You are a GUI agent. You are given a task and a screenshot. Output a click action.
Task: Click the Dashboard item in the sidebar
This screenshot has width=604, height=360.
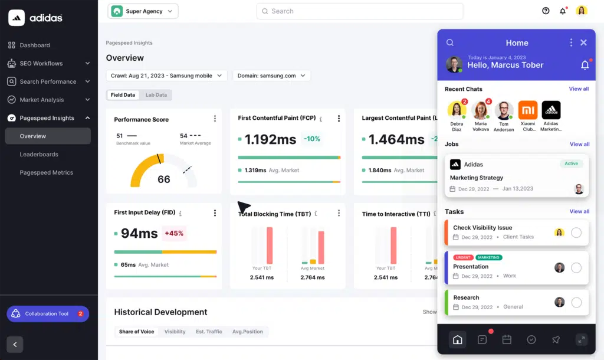click(35, 45)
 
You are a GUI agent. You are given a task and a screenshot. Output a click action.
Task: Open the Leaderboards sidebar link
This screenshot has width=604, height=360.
click(39, 155)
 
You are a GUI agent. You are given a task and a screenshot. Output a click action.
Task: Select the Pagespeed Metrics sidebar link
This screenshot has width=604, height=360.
click(47, 173)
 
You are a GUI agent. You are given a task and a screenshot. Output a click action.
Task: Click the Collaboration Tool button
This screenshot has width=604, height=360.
click(48, 314)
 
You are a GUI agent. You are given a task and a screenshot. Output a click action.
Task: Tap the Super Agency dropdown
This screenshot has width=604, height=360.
click(143, 11)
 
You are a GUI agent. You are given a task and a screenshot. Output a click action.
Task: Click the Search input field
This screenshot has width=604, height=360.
click(360, 11)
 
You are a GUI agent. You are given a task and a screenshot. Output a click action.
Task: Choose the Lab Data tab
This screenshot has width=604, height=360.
click(156, 95)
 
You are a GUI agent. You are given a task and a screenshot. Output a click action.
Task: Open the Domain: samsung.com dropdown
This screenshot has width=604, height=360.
click(271, 76)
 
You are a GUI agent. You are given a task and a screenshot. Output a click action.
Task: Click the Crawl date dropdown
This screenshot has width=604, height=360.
click(166, 76)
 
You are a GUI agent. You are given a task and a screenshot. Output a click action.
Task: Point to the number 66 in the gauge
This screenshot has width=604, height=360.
click(164, 179)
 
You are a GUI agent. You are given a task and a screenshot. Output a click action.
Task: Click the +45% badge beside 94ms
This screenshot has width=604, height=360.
click(174, 233)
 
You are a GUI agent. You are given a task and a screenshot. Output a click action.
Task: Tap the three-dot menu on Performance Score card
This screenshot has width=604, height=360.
click(215, 119)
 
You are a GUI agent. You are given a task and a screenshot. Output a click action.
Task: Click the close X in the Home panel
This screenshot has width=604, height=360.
click(583, 42)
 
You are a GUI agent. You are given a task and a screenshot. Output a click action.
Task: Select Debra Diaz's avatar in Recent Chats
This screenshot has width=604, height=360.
click(457, 110)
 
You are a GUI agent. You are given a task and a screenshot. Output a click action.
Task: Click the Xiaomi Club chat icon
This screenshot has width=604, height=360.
click(527, 110)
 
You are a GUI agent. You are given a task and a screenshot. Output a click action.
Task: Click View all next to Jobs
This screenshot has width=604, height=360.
click(579, 144)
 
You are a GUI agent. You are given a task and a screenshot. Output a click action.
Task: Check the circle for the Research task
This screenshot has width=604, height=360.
click(576, 303)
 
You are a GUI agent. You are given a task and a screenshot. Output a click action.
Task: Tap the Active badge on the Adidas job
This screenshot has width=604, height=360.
click(571, 163)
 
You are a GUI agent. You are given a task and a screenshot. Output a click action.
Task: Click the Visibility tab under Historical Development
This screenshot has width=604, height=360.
click(175, 332)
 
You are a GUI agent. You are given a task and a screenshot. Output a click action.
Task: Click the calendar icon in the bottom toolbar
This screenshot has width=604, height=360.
click(507, 339)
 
